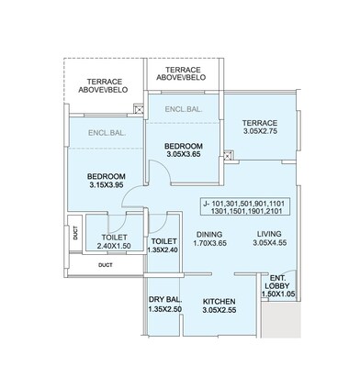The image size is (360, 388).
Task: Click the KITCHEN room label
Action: (218, 302)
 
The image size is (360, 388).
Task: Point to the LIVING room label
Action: (269, 233)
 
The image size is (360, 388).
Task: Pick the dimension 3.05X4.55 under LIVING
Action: (269, 244)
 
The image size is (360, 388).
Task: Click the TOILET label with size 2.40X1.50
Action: (116, 237)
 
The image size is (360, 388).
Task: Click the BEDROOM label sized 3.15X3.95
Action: (106, 176)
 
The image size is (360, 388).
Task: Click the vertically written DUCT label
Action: (75, 235)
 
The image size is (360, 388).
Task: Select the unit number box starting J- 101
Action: (242, 206)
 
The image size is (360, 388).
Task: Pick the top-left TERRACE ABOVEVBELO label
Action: (103, 85)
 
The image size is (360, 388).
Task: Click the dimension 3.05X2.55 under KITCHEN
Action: (218, 312)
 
